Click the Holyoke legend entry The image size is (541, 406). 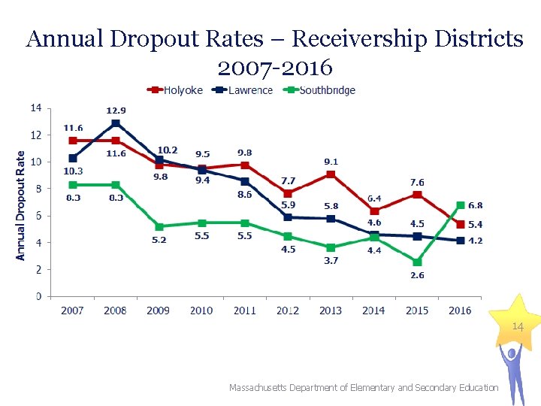coord(176,90)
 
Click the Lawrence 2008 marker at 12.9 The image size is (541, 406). coord(116,123)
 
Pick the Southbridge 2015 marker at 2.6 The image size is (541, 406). coord(417,262)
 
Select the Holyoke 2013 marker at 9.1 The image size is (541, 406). coord(331,174)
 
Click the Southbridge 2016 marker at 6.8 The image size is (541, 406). coord(460,205)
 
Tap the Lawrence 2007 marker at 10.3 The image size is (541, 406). coord(73,158)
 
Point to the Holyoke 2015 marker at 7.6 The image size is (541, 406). coord(417,195)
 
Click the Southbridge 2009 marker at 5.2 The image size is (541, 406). coord(159,226)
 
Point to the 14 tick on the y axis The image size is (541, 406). coord(36,108)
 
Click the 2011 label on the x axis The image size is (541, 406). coord(245,310)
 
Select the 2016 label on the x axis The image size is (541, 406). coord(460,310)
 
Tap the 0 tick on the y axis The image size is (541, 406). coord(38,296)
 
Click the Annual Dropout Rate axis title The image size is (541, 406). coord(20,205)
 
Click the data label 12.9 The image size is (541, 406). coord(116,111)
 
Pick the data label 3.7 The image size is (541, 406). coord(331,260)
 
